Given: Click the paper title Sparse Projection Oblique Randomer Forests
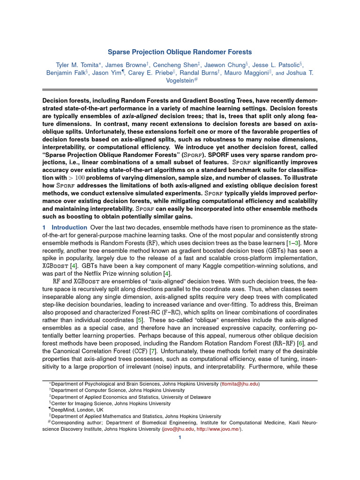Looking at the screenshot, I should click(x=180, y=52).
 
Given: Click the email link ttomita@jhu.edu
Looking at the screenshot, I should click(x=240, y=383).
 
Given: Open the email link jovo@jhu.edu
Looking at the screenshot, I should click(x=179, y=428).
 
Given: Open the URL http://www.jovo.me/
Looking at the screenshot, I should click(x=218, y=428).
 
